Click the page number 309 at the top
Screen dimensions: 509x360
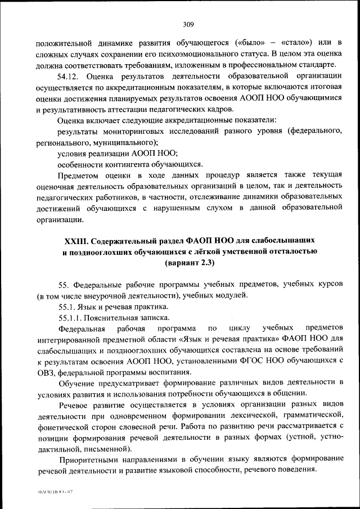click(x=188, y=24)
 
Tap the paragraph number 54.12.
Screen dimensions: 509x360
click(x=70, y=76)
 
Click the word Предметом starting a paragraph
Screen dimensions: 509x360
click(x=78, y=175)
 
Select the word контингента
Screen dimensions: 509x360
click(x=132, y=164)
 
